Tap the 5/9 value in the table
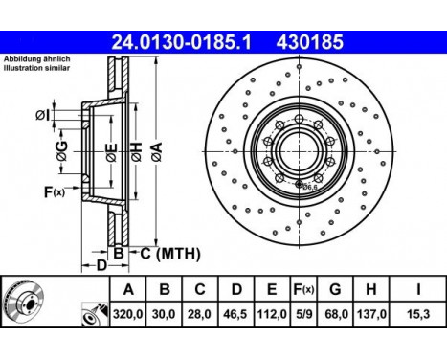pyautogui.click(x=304, y=313)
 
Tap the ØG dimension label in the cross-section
pyautogui.click(x=61, y=149)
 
